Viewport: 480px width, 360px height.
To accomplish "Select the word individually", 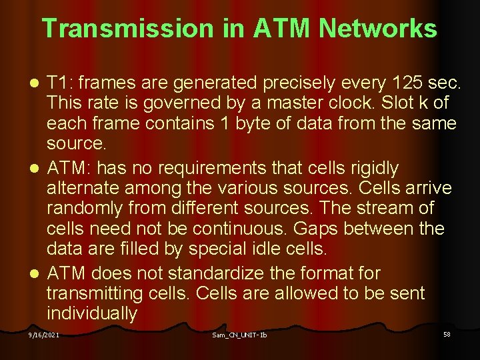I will pyautogui.click(x=92, y=313).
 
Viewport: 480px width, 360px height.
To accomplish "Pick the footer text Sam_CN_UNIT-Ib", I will pyautogui.click(x=239, y=335).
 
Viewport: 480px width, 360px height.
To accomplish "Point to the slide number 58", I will pyautogui.click(x=447, y=333).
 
